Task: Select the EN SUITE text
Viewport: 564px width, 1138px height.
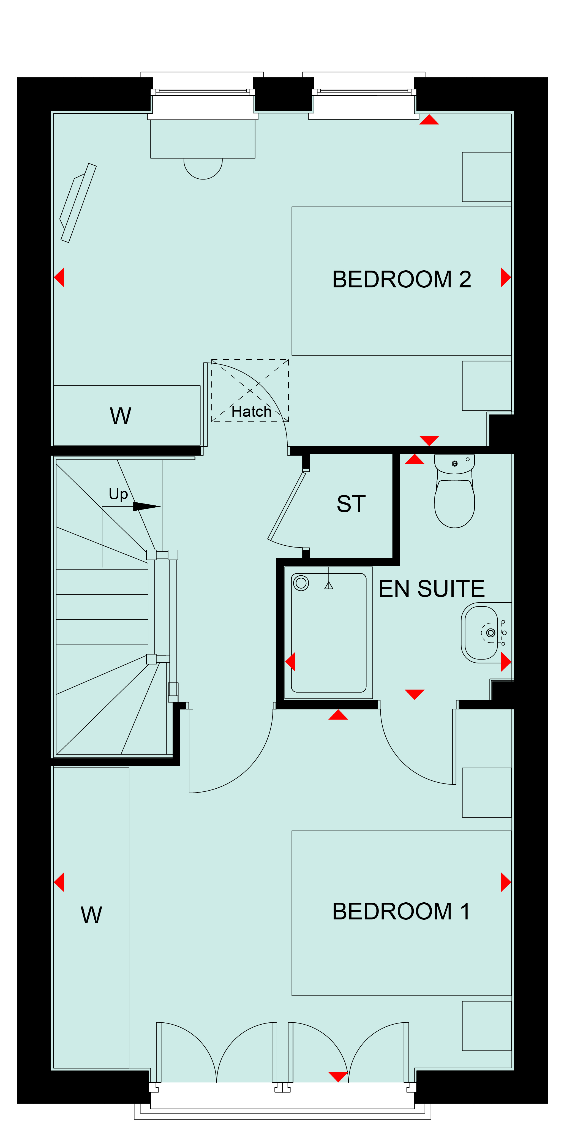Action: coord(432,589)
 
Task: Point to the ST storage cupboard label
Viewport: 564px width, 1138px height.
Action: coord(351,504)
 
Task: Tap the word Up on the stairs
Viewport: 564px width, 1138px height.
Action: coord(118,494)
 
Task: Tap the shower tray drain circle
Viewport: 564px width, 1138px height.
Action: coord(301,583)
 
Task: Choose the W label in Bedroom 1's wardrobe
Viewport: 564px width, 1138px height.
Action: coord(91,915)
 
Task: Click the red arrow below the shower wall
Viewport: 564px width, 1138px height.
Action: coord(338,714)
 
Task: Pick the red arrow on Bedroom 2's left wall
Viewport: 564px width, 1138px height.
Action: coord(59,277)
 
